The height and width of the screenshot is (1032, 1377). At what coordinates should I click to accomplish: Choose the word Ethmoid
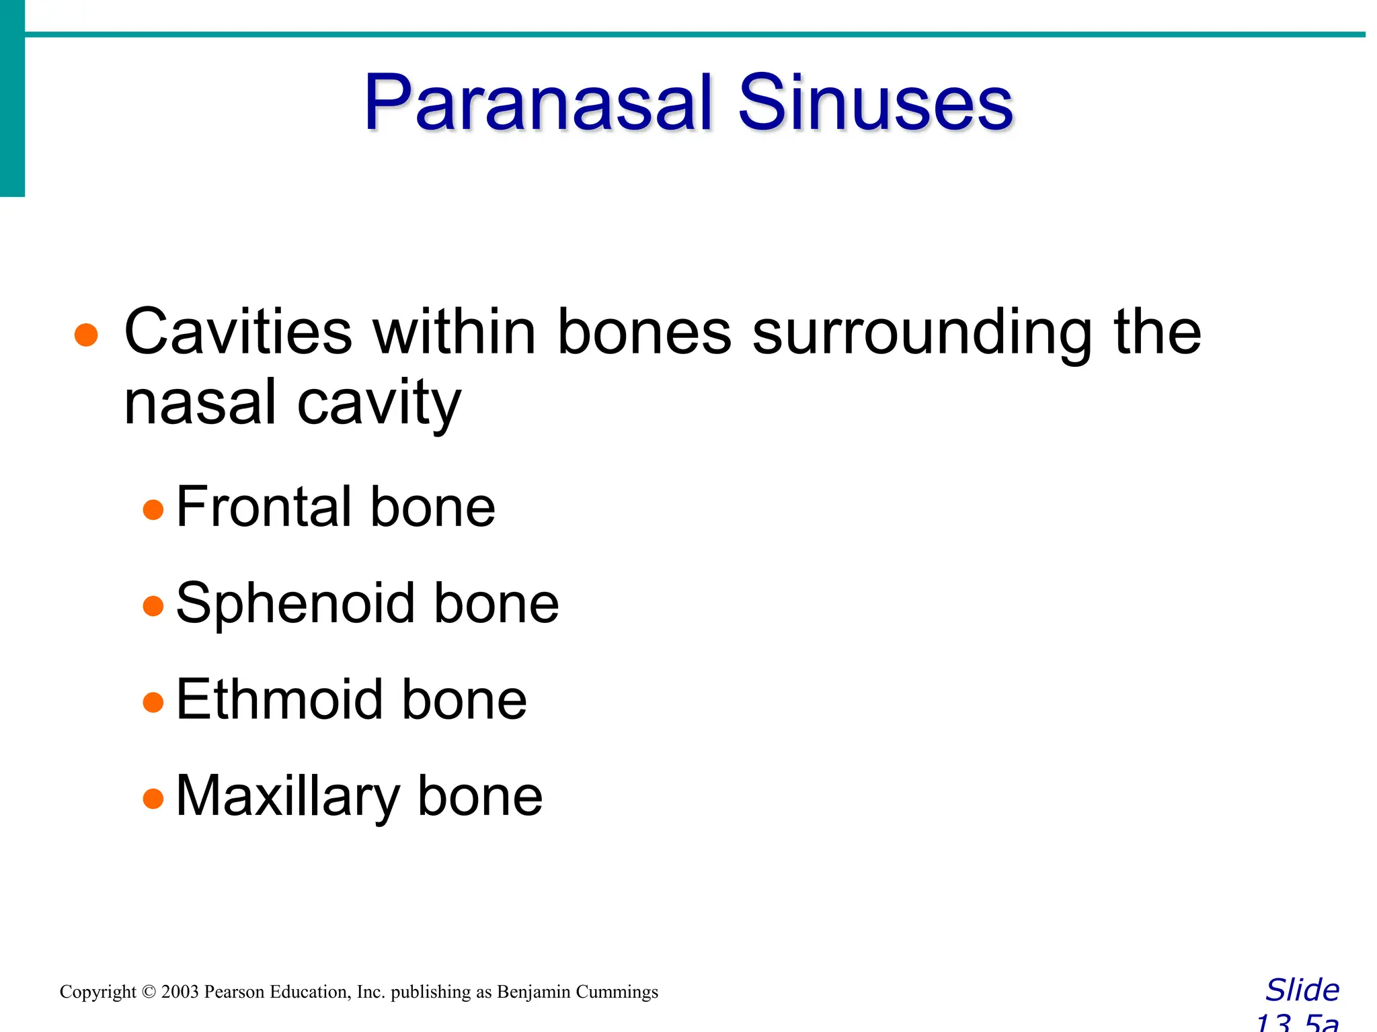click(278, 699)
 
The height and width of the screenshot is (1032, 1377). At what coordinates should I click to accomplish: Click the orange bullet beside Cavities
click(86, 335)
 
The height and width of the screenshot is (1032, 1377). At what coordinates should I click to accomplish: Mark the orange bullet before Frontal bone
click(153, 510)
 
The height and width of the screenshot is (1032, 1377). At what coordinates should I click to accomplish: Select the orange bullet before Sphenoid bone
click(153, 606)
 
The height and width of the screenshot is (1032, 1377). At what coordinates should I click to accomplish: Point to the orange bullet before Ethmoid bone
click(153, 703)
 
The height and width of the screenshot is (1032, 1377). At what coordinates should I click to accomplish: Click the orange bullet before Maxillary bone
click(153, 799)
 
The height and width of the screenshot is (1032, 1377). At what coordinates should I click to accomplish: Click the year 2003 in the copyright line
click(180, 992)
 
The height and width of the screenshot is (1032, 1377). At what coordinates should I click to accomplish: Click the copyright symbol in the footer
click(149, 992)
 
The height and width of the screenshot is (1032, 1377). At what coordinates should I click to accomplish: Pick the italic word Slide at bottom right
click(1302, 990)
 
